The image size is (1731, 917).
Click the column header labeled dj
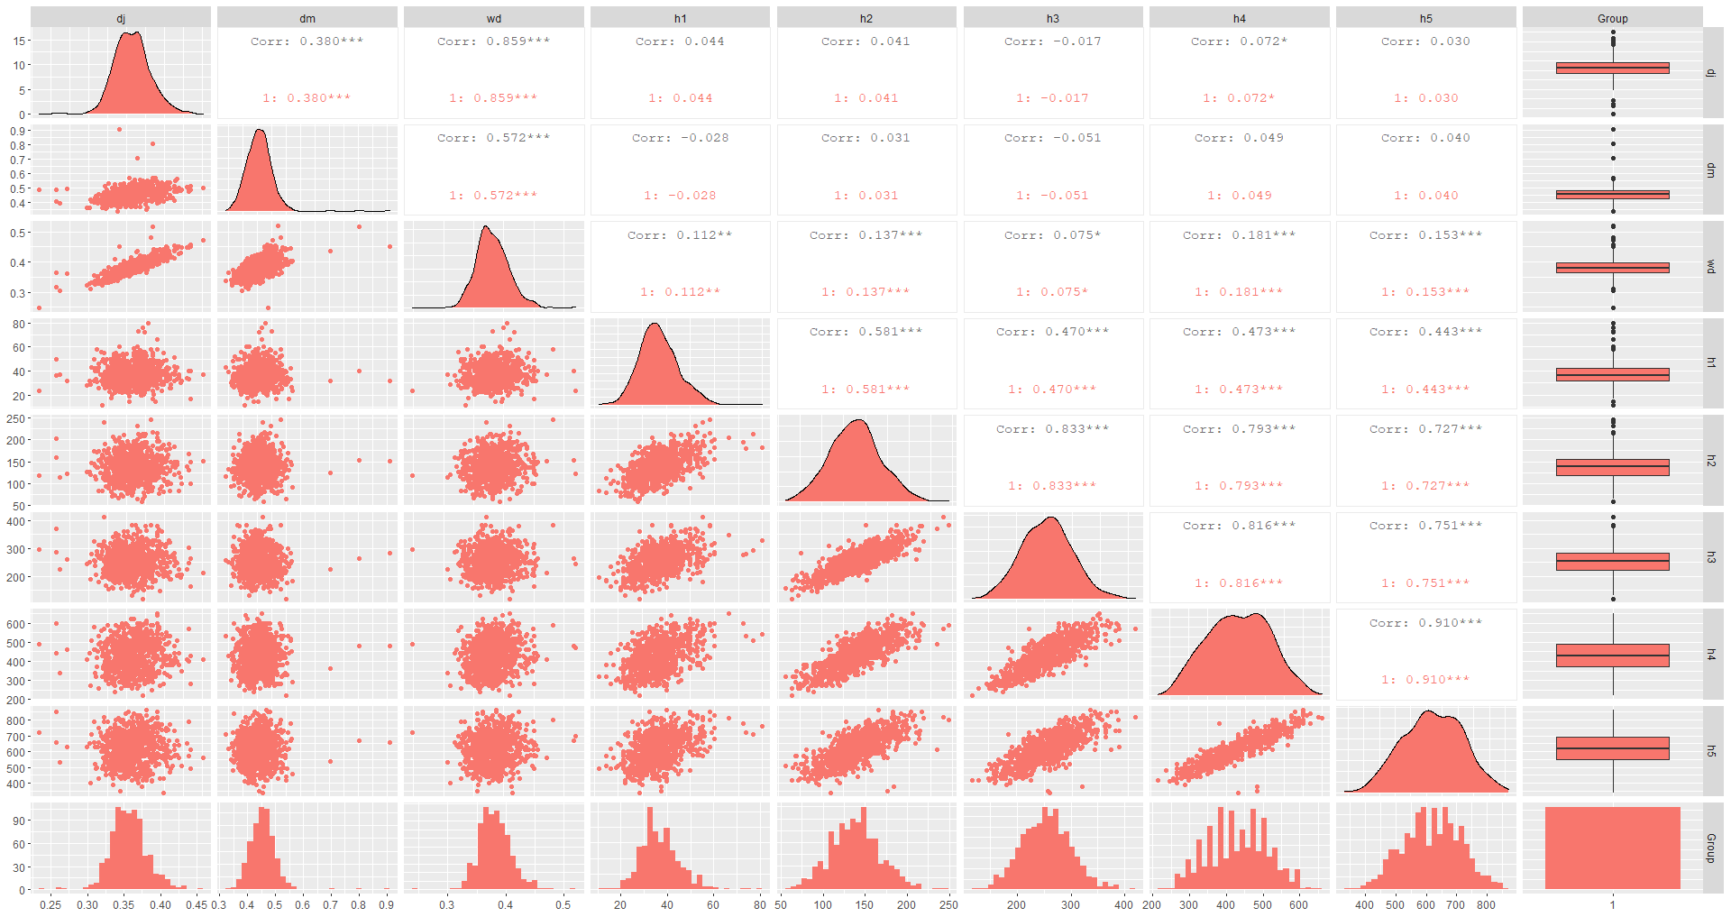coord(121,18)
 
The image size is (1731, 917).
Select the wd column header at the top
coord(493,18)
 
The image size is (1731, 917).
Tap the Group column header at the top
coord(1612,18)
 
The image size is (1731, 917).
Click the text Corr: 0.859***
coord(493,41)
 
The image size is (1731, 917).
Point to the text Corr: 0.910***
coord(1425,623)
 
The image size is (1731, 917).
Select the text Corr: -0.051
coord(1052,138)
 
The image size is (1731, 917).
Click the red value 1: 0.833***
coord(1052,486)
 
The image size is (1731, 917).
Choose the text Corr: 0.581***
coord(865,332)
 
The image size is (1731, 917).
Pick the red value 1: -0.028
coord(680,196)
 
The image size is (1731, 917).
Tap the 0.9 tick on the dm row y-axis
coord(18,131)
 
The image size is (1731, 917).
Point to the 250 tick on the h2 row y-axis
coord(16,419)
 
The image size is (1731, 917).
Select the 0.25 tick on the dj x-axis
coord(50,904)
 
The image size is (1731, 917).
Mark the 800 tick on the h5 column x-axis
coord(1486,904)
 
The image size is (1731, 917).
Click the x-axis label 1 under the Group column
coord(1612,904)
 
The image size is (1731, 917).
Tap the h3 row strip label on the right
coord(1711,557)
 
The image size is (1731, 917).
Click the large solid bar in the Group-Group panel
coord(1612,848)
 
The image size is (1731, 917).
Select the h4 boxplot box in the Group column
coord(1612,656)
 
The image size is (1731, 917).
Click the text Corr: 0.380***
coord(307,41)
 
